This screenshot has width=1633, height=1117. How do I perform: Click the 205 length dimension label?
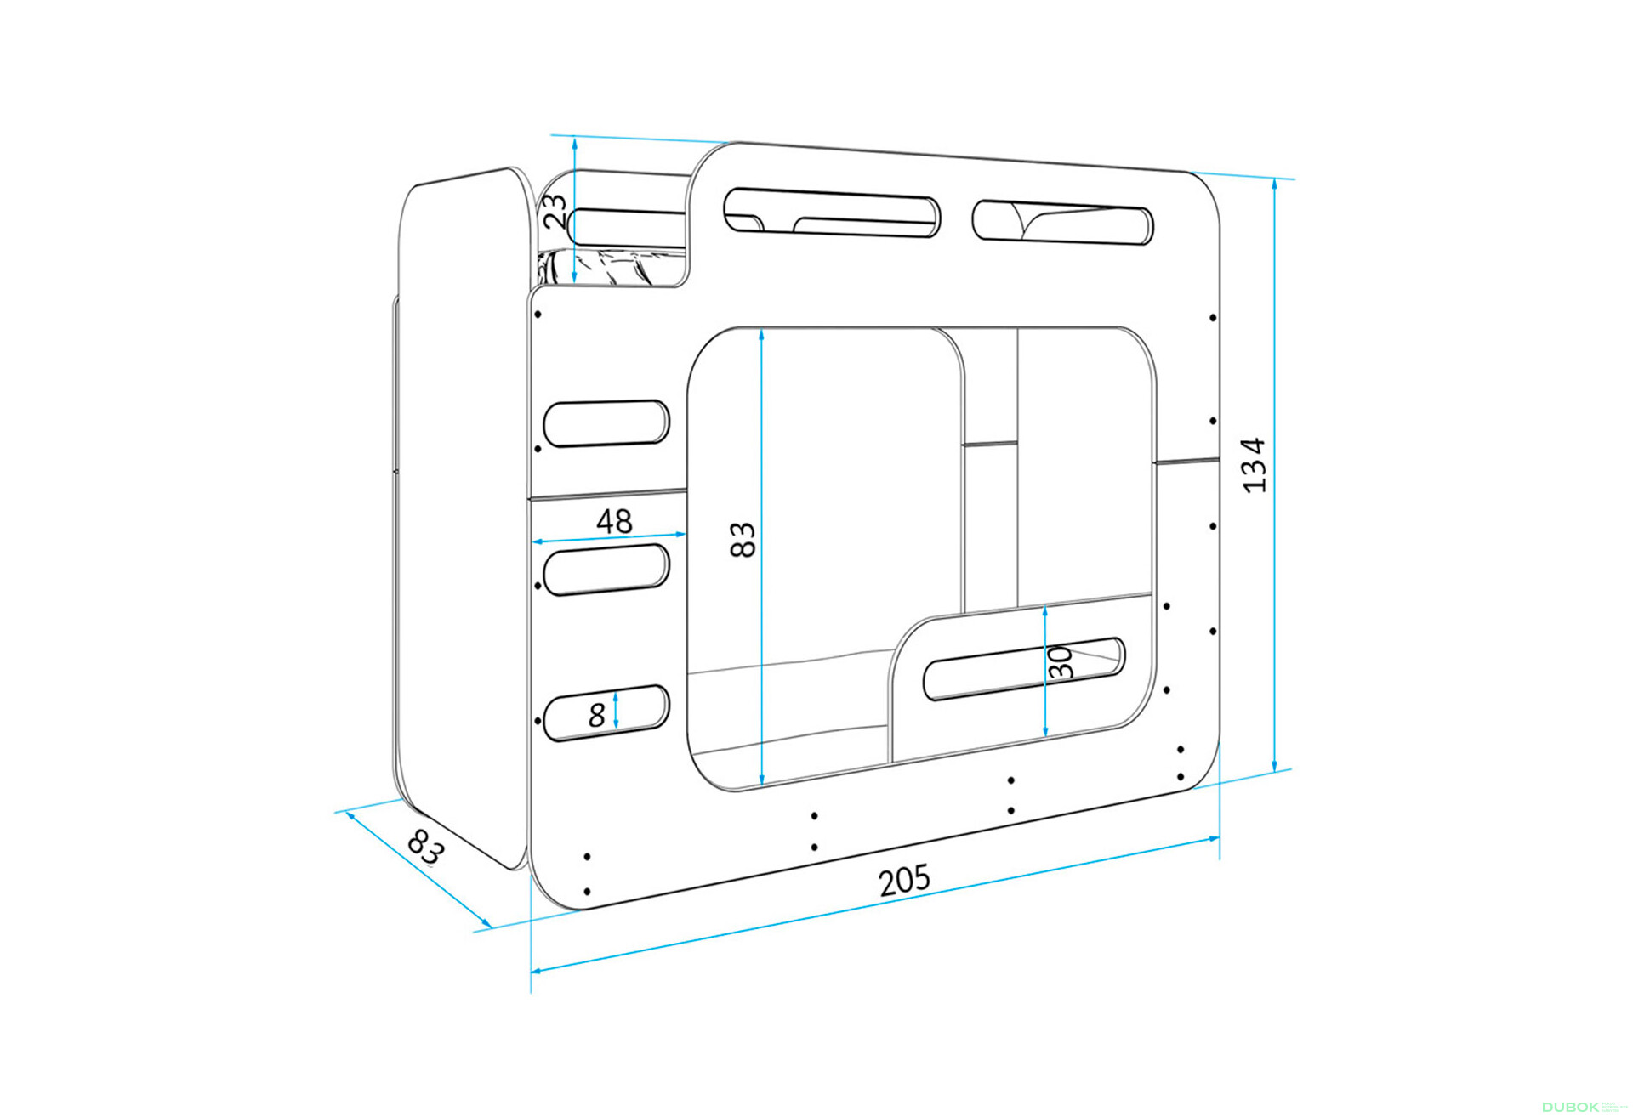coord(904,881)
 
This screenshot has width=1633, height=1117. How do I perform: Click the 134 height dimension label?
coord(1254,465)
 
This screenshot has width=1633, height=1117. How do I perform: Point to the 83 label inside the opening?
coord(743,540)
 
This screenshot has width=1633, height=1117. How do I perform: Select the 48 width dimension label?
coord(614,520)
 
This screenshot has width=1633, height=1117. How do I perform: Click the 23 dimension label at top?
coord(555,211)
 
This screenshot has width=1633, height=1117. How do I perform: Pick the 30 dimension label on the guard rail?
coord(1060,662)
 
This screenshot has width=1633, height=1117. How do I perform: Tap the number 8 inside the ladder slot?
coord(597,715)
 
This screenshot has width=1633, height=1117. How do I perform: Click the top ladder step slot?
coord(606,423)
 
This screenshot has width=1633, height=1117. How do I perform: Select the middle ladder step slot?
coord(606,569)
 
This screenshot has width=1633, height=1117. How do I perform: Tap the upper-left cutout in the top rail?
coord(832,212)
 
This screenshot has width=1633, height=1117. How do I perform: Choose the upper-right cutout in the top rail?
coord(1062,222)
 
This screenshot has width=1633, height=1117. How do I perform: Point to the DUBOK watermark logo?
coord(1570,1107)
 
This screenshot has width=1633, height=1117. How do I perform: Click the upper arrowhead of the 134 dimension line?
coord(1274,184)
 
